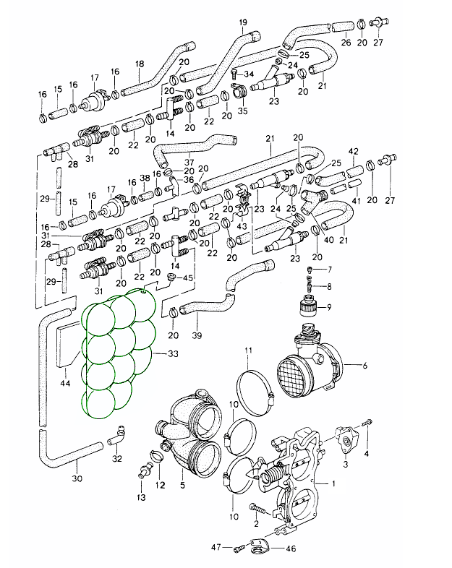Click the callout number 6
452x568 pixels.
(364, 366)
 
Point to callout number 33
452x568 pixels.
(172, 353)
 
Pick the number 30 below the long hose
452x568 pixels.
(77, 478)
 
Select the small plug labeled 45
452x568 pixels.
(172, 277)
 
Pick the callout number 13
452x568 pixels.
(140, 498)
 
